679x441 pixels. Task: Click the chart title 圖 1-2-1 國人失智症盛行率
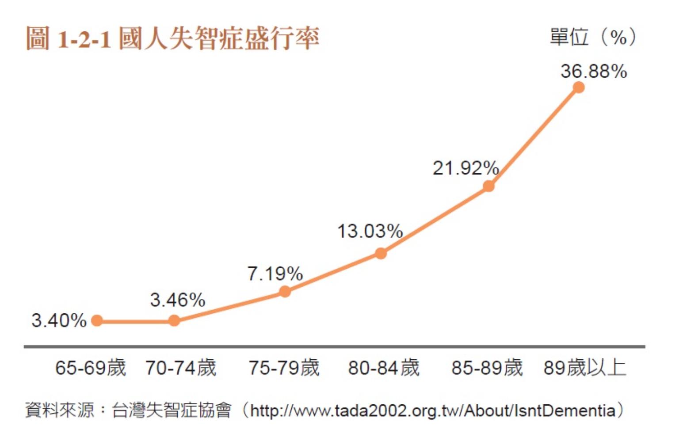(x=172, y=38)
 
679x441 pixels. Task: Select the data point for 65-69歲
(x=97, y=321)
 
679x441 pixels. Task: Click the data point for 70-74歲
(x=174, y=321)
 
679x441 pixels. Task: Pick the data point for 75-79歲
(x=285, y=292)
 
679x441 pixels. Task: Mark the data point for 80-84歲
(x=381, y=253)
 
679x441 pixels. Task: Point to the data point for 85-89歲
(x=488, y=186)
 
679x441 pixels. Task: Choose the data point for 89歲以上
(x=579, y=87)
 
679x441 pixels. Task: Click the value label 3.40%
(x=59, y=320)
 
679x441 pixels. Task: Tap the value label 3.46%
(x=178, y=300)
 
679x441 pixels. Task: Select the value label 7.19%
(x=275, y=274)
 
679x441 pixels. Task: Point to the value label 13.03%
(x=370, y=231)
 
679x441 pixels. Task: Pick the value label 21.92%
(x=465, y=168)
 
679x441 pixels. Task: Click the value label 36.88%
(x=594, y=71)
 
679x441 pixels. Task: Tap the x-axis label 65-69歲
(x=91, y=368)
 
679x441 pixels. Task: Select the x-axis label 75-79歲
(x=284, y=368)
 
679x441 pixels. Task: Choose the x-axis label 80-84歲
(x=384, y=368)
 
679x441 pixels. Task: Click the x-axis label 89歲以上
(x=585, y=368)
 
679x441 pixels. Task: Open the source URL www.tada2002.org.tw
(x=432, y=411)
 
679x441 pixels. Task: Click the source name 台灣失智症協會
(x=172, y=411)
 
